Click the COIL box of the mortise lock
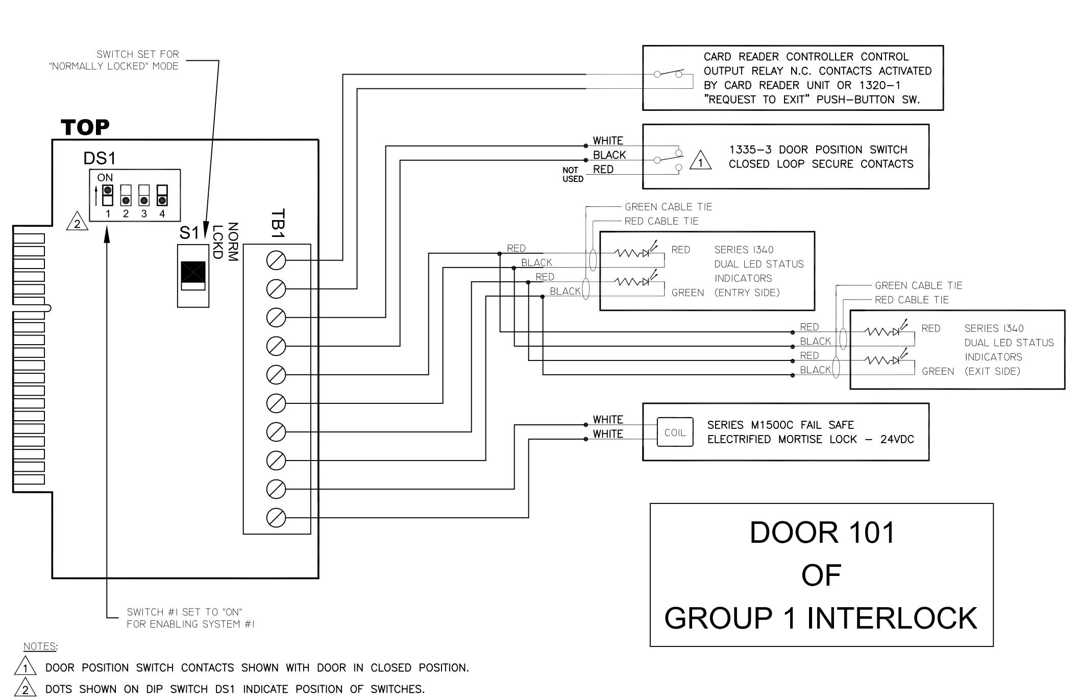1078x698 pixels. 675,432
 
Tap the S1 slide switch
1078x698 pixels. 193,276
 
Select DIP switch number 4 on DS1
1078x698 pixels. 162,195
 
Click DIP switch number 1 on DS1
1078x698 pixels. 108,195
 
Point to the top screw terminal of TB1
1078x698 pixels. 276,260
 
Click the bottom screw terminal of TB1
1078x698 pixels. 276,518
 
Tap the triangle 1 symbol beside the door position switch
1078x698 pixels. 700,160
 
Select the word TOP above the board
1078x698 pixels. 85,127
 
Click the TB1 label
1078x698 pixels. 278,224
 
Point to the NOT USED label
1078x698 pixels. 573,175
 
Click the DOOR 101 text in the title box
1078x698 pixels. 822,533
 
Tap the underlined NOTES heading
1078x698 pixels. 40,646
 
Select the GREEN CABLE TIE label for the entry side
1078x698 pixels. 668,207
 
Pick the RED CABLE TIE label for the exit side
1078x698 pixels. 912,300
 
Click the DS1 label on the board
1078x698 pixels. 100,158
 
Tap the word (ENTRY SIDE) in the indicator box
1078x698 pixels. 747,293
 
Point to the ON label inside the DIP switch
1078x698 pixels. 105,178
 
